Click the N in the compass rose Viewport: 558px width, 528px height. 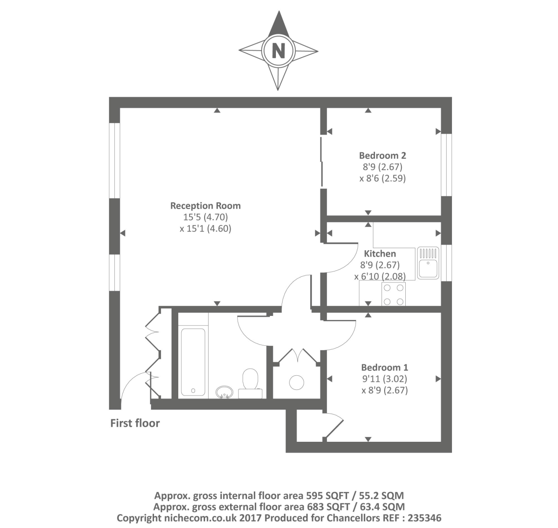tap(278, 51)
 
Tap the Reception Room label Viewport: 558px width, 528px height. tap(205, 206)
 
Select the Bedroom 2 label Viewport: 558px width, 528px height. tap(382, 156)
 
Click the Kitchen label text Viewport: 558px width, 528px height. tap(380, 253)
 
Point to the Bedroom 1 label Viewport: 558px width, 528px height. tap(385, 367)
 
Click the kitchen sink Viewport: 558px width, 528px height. tap(428, 263)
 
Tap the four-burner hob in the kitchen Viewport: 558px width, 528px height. tap(393, 294)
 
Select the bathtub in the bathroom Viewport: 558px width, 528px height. tap(193, 362)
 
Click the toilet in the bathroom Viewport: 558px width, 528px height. tap(250, 384)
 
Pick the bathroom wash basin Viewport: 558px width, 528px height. tap(224, 392)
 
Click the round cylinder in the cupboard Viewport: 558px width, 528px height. tap(297, 382)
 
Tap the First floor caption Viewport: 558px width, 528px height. tap(135, 423)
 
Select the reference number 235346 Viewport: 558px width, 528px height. tap(424, 518)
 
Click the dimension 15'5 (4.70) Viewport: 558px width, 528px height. tap(206, 217)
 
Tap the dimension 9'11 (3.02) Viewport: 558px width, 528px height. tap(384, 379)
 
